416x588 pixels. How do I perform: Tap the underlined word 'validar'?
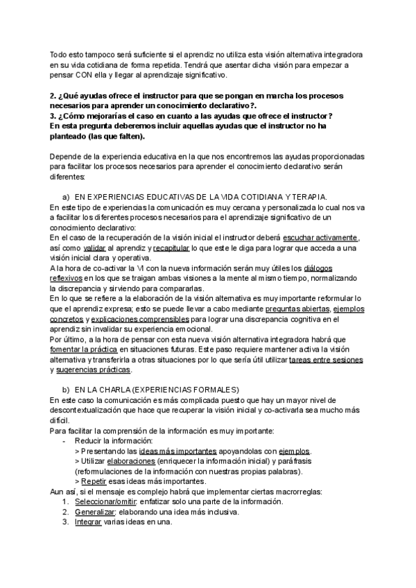tap(94, 248)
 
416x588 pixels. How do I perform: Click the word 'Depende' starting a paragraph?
tap(67, 157)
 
